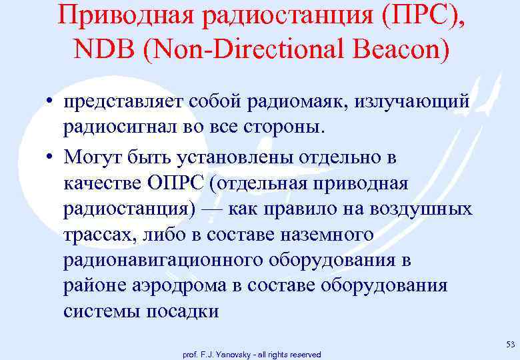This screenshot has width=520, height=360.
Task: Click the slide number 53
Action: pos(511,344)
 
